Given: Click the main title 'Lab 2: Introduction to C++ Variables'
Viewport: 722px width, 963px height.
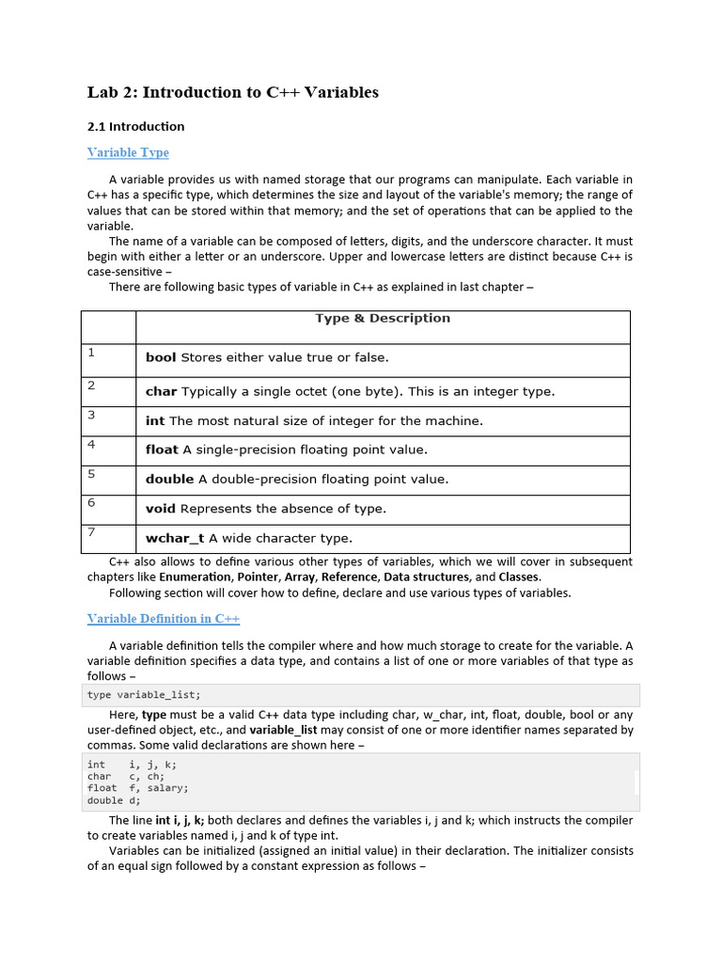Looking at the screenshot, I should [232, 92].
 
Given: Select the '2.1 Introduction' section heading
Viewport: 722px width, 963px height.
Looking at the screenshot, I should [135, 126].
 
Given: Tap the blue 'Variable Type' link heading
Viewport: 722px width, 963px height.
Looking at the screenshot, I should [128, 152].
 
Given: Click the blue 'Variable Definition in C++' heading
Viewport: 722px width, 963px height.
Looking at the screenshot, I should [164, 619].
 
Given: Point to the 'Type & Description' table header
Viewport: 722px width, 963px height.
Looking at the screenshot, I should [382, 318].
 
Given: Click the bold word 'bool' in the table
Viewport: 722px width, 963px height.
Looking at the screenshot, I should [161, 357].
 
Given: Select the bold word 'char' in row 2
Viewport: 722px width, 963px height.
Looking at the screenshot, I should [161, 391].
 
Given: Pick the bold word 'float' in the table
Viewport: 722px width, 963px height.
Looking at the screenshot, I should [162, 450].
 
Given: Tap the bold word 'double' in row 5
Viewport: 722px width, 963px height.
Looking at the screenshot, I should [169, 479].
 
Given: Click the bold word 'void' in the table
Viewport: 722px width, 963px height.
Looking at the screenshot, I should [161, 509].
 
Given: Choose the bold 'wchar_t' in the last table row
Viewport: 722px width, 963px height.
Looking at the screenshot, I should [175, 539].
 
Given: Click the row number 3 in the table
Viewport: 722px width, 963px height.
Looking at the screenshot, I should [91, 415].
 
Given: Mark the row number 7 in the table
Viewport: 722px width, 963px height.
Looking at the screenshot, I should [91, 533].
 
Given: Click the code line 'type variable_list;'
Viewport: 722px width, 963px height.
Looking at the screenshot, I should [144, 695].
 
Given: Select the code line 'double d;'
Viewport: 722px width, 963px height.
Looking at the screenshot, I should [114, 800].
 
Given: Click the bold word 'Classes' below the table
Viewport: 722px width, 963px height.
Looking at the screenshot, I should [519, 576].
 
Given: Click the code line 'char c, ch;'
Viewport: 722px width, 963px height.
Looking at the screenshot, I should [126, 777].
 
